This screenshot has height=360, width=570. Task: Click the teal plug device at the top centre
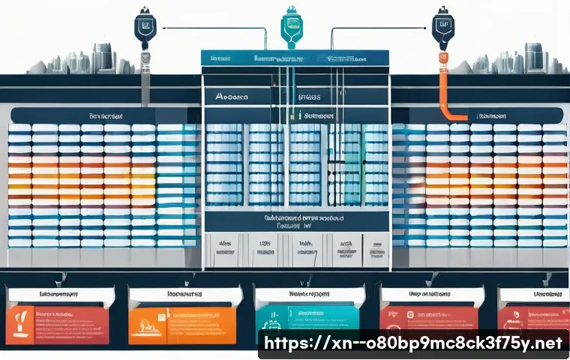tap(290, 22)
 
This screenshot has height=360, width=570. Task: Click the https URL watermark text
tap(412, 343)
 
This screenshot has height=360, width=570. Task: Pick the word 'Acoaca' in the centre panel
tap(232, 97)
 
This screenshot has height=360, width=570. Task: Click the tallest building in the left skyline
tap(101, 58)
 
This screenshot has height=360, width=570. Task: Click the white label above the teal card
tap(307, 295)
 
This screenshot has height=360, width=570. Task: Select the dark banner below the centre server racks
tap(296, 220)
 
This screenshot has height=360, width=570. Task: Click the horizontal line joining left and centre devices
tap(210, 29)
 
